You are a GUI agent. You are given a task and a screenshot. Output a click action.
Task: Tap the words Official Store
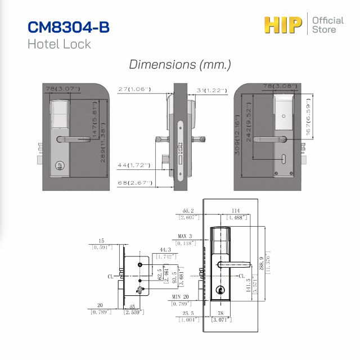[x=327, y=25]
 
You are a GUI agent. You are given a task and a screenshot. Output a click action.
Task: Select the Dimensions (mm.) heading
[x=180, y=64]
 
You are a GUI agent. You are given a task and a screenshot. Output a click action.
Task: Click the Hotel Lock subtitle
[x=59, y=44]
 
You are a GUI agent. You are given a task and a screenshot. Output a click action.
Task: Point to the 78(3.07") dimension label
[x=62, y=89]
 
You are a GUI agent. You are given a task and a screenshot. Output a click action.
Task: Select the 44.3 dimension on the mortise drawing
[x=165, y=249]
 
